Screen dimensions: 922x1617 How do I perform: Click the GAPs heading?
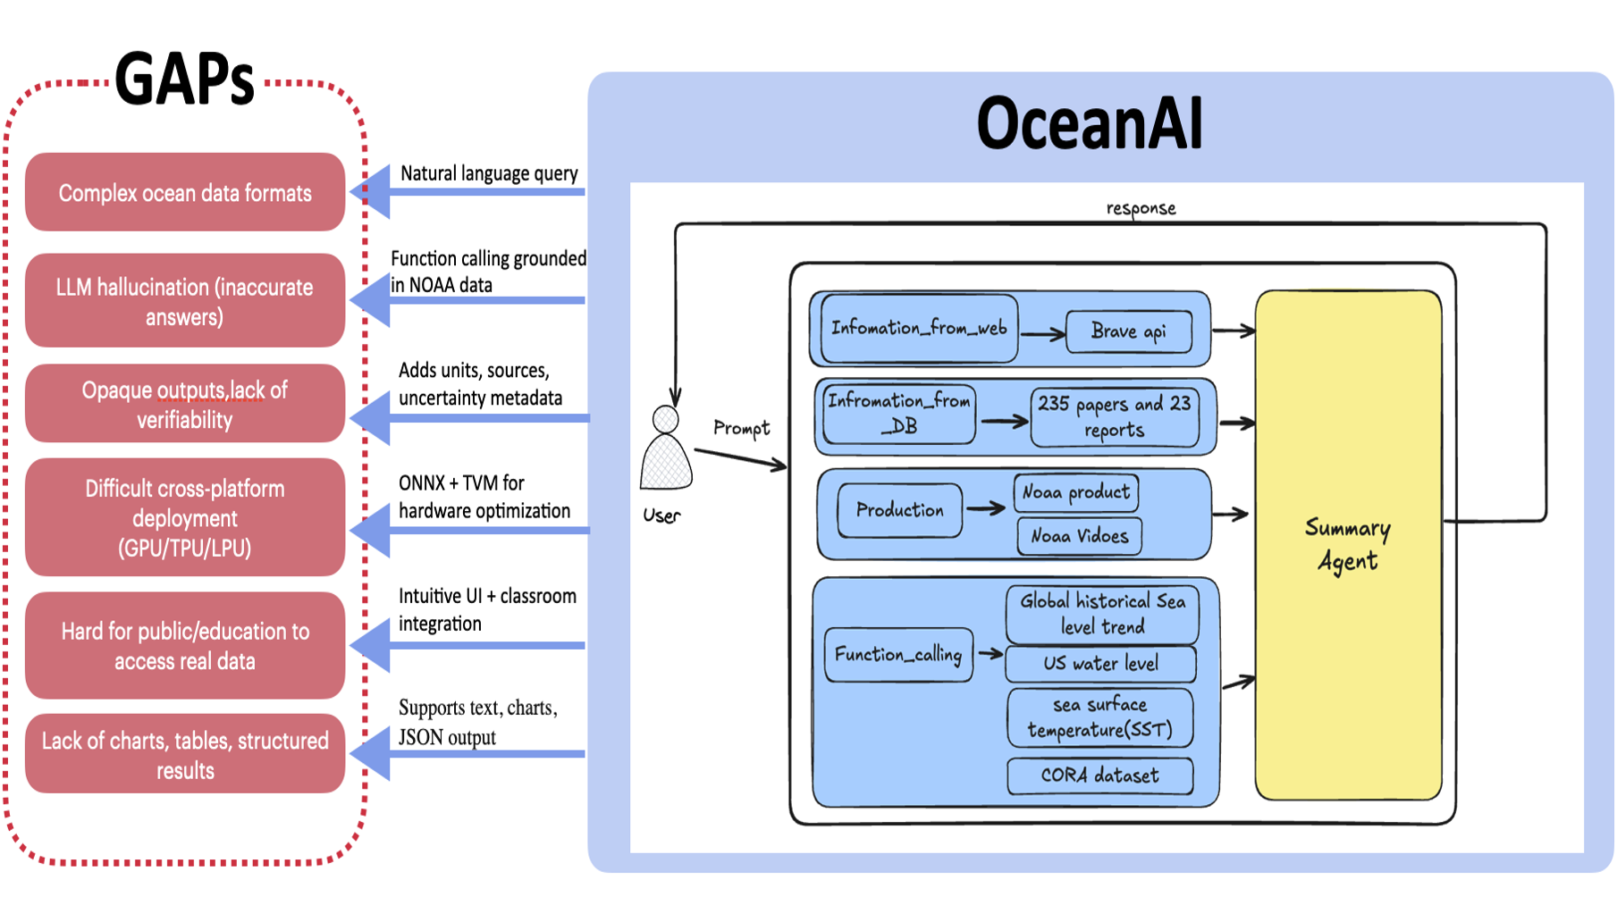point(184,80)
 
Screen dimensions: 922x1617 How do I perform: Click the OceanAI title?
point(1089,123)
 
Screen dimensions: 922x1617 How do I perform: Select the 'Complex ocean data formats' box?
point(185,193)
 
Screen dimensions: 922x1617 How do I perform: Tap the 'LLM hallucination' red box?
point(185,301)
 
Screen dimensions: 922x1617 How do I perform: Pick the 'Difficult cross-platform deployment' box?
point(185,518)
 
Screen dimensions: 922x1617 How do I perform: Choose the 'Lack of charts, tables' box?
point(185,755)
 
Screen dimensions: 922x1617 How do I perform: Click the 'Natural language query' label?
point(489,173)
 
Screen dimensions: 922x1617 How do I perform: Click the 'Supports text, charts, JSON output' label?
point(477,722)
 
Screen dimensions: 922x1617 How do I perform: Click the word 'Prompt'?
point(741,428)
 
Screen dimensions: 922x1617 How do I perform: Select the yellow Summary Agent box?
point(1348,544)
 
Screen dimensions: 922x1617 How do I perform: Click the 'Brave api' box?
point(1129,331)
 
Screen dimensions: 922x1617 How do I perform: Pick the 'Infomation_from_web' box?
point(919,329)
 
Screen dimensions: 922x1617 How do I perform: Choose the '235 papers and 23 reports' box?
point(1115,416)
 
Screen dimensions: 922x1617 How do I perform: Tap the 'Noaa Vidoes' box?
point(1080,536)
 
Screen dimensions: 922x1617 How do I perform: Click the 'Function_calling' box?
point(898,655)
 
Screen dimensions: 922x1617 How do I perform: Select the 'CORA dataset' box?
point(1099,775)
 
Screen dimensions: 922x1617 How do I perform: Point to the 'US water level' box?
point(1100,664)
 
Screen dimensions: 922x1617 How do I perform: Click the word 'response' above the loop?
point(1141,208)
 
